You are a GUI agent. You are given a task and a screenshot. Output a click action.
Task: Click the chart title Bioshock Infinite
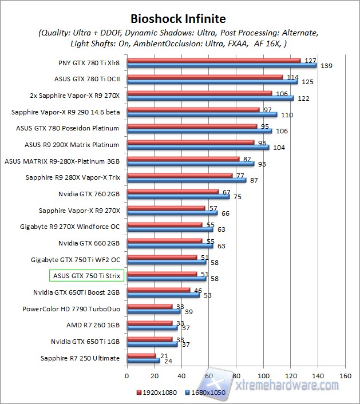[x=178, y=19]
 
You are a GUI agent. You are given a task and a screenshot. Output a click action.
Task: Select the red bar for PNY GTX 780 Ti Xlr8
[x=213, y=60]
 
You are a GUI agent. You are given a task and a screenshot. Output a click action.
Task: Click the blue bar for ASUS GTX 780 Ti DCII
[x=212, y=82]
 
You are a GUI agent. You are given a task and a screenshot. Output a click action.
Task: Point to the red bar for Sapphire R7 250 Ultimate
[x=141, y=355]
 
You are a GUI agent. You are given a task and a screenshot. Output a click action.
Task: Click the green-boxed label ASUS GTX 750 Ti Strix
[x=86, y=276]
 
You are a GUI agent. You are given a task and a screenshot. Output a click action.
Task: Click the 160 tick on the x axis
[x=345, y=376]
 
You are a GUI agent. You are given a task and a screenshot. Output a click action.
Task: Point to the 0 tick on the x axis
[x=127, y=376]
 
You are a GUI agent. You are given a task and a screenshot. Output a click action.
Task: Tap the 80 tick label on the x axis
[x=236, y=376]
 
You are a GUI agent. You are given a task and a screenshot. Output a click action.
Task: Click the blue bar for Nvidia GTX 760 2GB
[x=178, y=197]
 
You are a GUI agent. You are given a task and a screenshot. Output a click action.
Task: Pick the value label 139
[x=326, y=66]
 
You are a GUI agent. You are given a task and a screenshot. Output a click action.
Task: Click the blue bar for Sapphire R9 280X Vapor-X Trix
[x=186, y=180]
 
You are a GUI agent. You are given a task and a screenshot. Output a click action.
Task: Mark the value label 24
[x=168, y=362]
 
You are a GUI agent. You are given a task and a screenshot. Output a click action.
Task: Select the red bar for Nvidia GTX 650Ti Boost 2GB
[x=158, y=290]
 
